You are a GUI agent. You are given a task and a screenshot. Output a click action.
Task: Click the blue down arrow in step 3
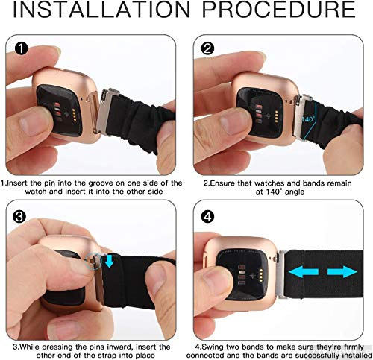109,262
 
